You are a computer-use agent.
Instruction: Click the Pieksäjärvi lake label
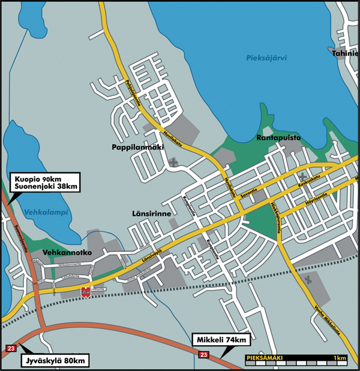(267, 58)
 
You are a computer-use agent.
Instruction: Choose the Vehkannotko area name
(67, 253)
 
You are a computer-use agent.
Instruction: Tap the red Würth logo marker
(86, 292)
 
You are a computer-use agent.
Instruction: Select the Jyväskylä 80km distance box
(55, 361)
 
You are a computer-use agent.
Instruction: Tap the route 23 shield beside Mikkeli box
(204, 355)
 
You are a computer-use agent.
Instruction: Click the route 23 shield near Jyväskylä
(11, 348)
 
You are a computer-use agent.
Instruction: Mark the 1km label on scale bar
(340, 358)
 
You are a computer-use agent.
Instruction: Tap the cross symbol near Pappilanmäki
(173, 161)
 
